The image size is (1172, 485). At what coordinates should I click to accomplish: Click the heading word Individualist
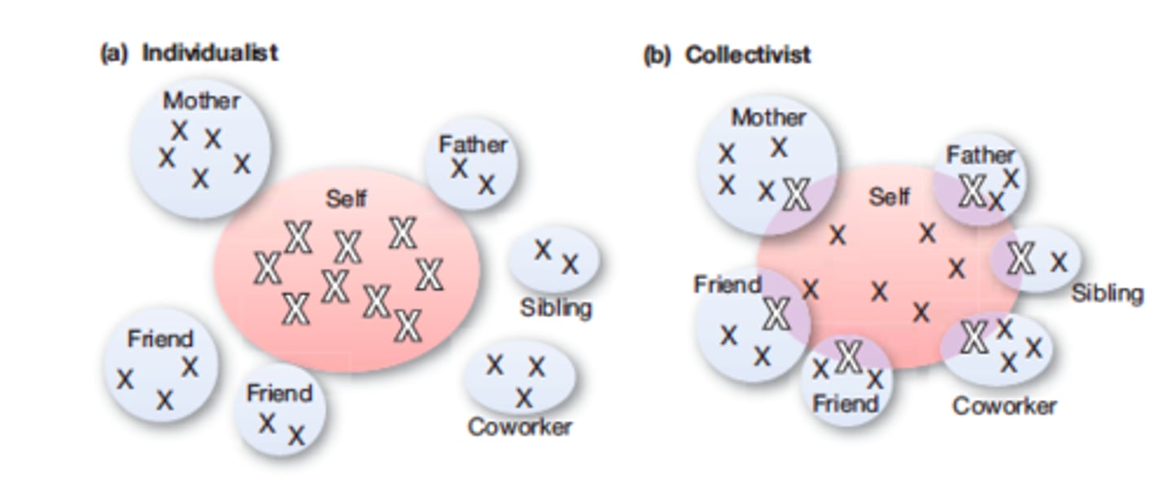click(x=210, y=53)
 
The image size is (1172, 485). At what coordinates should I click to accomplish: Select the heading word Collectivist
click(x=747, y=55)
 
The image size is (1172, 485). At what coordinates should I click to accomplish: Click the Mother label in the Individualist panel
click(x=202, y=101)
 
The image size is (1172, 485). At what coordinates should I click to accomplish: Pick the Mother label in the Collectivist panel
click(x=768, y=117)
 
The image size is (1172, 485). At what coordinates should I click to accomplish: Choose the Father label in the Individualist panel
click(x=472, y=145)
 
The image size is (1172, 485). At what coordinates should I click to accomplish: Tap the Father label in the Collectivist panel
click(x=980, y=155)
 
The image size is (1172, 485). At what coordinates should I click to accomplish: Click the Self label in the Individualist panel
click(x=346, y=198)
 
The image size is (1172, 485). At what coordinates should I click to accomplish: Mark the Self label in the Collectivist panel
click(x=889, y=196)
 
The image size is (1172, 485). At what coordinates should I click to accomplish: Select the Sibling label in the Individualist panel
click(x=556, y=308)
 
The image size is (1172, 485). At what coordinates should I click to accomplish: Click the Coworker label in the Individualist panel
click(x=519, y=426)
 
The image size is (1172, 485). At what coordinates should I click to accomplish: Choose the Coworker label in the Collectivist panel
click(x=1004, y=405)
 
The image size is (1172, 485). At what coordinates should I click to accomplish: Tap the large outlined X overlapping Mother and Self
click(x=797, y=194)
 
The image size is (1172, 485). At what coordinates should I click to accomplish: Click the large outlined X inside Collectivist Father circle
click(x=972, y=192)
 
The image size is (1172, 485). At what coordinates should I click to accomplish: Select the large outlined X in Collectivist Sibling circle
click(x=1021, y=259)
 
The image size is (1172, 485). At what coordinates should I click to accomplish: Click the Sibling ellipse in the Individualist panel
click(x=554, y=257)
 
